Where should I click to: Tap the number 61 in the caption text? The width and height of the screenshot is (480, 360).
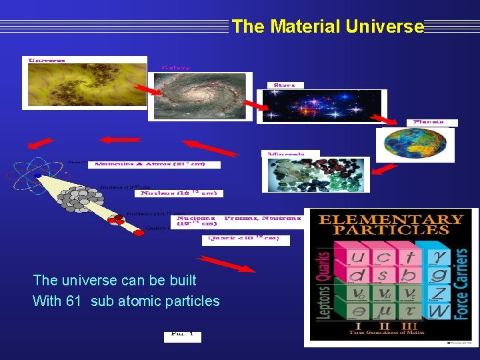point(73,301)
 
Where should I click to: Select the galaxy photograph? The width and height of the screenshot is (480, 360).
point(201,96)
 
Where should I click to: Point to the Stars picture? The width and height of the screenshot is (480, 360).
point(321,106)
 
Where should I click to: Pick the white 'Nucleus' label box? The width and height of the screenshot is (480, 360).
point(178,193)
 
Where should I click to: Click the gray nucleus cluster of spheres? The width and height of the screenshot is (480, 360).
point(83,197)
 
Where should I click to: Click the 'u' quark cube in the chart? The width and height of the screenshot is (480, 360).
point(357,257)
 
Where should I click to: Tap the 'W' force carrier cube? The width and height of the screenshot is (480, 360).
point(439,311)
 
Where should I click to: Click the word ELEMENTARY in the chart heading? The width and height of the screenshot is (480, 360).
point(390,219)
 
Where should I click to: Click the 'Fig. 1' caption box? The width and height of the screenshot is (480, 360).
point(182,333)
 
